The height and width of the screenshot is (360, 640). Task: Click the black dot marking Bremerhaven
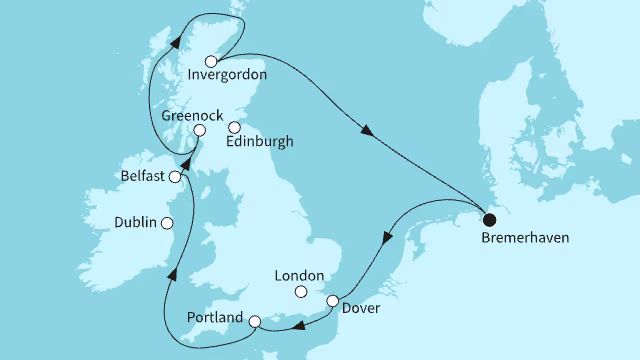click(x=488, y=220)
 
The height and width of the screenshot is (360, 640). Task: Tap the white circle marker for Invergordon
click(x=211, y=61)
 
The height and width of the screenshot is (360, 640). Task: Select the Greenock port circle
click(x=200, y=130)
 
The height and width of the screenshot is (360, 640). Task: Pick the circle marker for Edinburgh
click(x=235, y=127)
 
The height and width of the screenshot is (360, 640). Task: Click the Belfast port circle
click(x=176, y=177)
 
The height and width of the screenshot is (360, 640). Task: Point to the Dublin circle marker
click(x=167, y=223)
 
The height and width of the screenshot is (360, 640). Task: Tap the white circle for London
click(x=299, y=292)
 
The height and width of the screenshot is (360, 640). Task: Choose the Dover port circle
click(x=333, y=300)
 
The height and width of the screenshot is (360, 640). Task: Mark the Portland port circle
click(x=254, y=321)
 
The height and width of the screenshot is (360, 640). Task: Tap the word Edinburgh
click(x=260, y=142)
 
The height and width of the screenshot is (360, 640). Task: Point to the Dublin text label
click(x=136, y=223)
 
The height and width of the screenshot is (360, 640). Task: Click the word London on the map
click(x=299, y=275)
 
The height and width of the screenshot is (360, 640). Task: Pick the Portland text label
click(x=215, y=317)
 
